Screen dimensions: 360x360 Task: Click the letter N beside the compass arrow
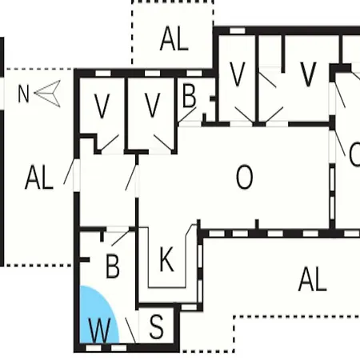[23, 94]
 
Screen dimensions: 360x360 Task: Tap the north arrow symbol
[48, 94]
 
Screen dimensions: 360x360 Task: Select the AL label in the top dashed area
[174, 38]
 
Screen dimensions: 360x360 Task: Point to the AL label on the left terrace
[39, 177]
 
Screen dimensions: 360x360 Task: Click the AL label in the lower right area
[313, 279]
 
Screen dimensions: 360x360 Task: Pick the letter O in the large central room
[245, 177]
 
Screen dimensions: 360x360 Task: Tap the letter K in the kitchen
[166, 259]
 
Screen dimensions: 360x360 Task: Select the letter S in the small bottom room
[157, 326]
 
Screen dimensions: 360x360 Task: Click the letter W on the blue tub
[100, 330]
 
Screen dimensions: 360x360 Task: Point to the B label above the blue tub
[113, 266]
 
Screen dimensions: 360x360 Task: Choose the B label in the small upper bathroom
[190, 96]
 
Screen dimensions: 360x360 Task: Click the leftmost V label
[102, 106]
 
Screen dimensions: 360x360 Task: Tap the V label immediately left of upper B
[152, 106]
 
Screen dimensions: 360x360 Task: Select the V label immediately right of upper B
[237, 74]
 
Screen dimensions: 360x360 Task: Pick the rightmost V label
[308, 74]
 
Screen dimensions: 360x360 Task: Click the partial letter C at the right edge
[354, 154]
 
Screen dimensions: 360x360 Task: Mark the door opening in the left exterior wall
[77, 175]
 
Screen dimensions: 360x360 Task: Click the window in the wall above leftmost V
[103, 74]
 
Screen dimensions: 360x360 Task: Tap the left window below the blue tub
[94, 348]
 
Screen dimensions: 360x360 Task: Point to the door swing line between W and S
[130, 330]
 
